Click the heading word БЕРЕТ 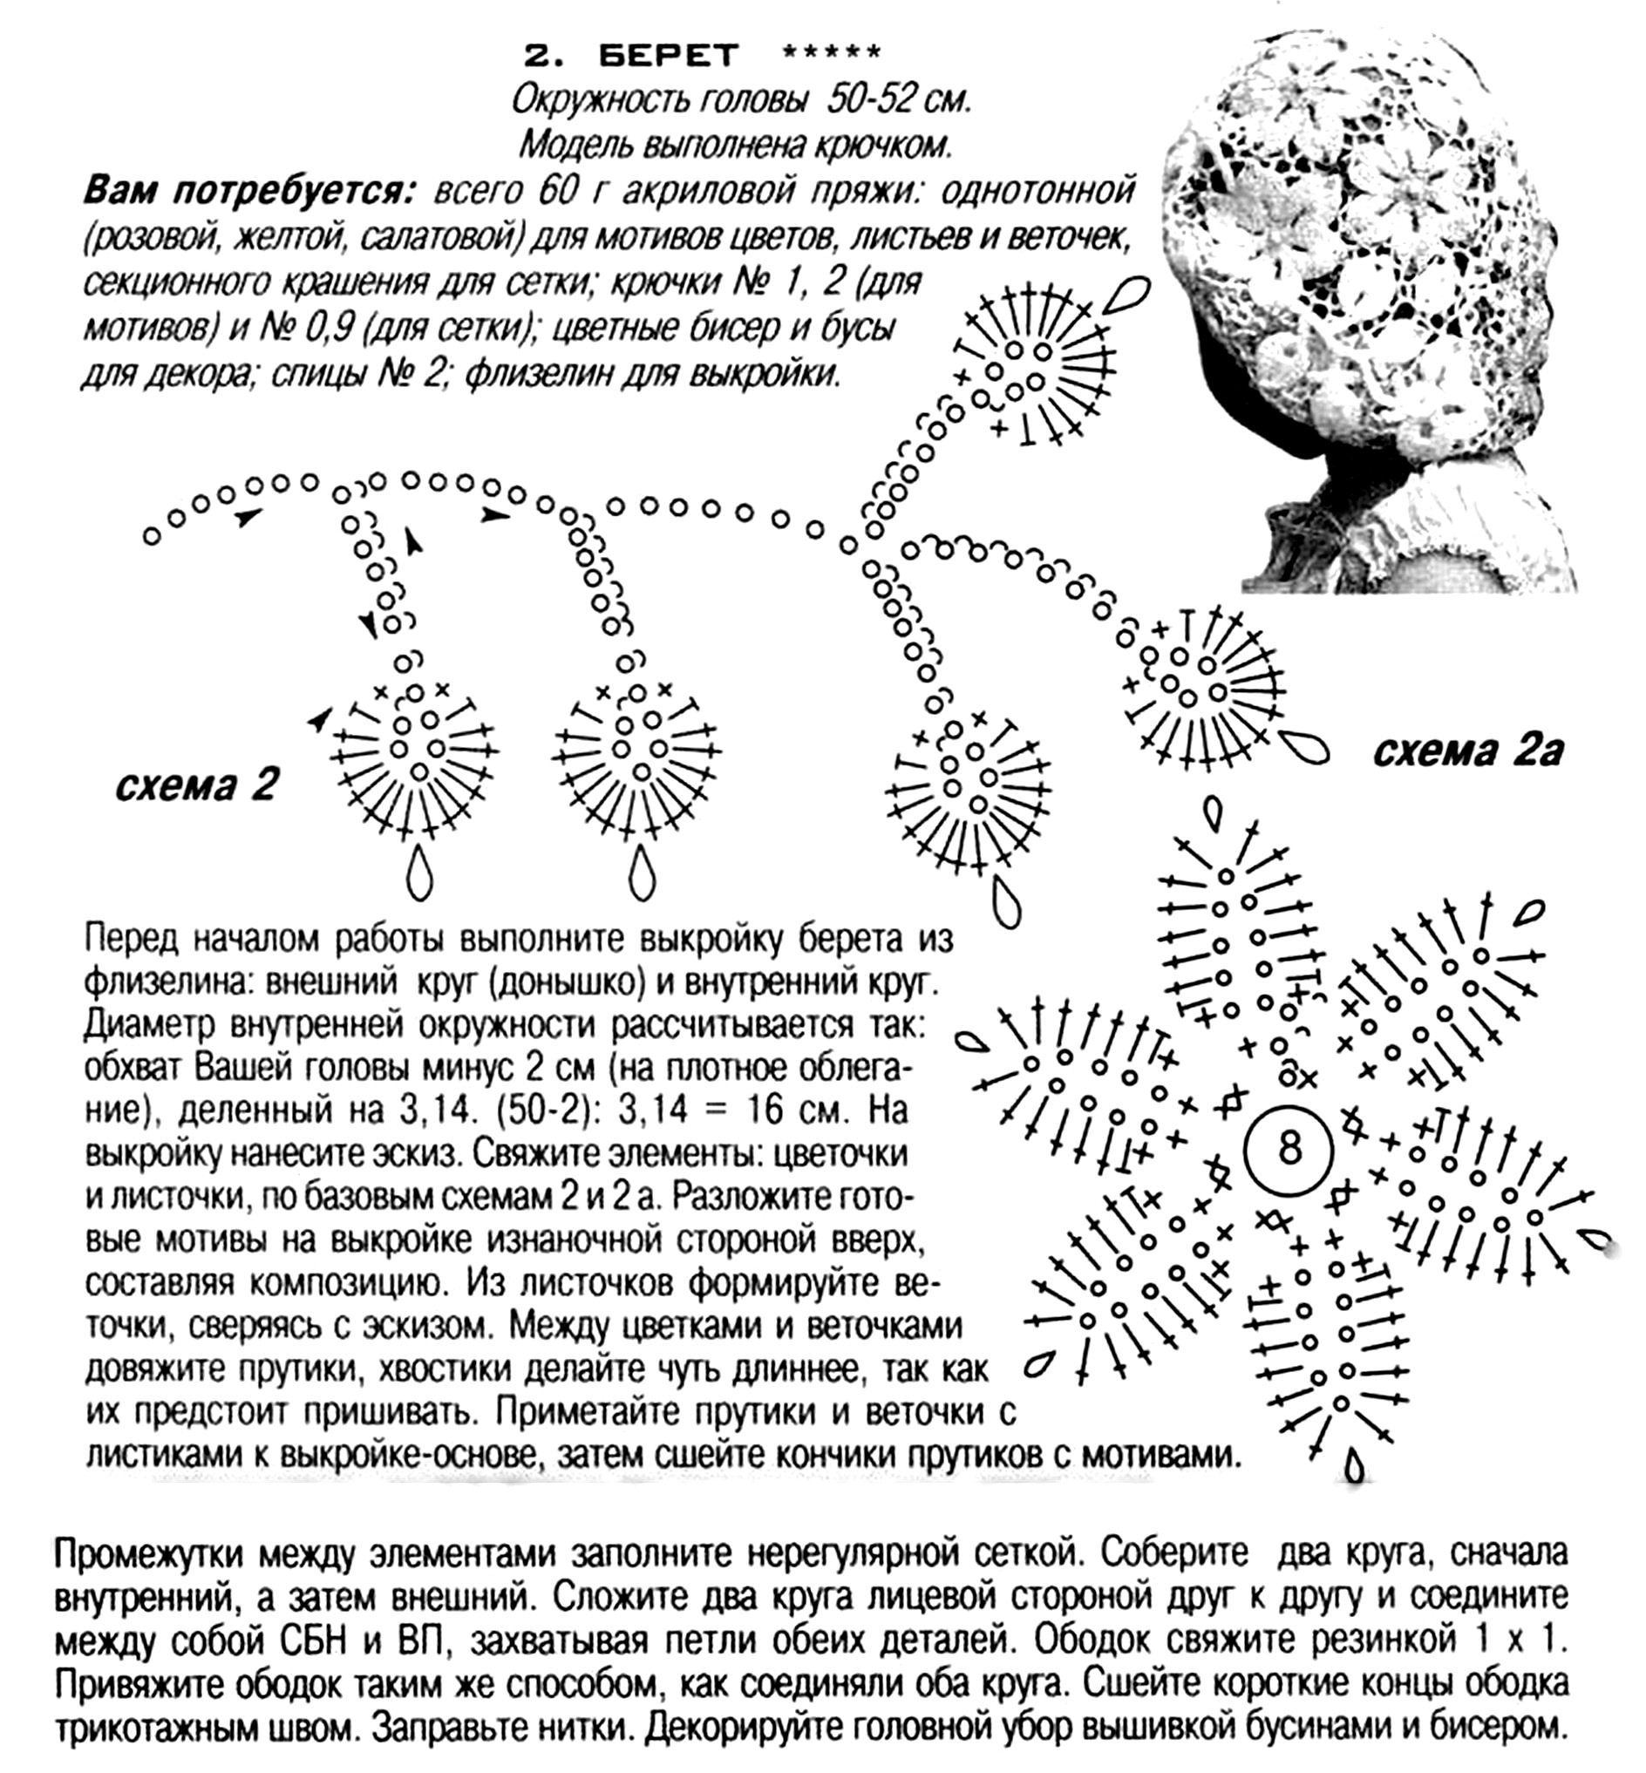[668, 55]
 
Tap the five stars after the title [831, 53]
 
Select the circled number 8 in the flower [1289, 1147]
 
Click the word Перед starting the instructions [133, 939]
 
